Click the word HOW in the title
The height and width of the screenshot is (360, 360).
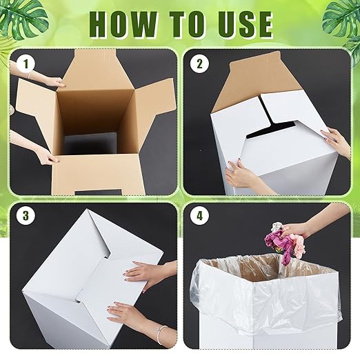123,23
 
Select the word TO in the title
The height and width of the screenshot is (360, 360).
181,23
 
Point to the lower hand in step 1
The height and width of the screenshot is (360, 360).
45,157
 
